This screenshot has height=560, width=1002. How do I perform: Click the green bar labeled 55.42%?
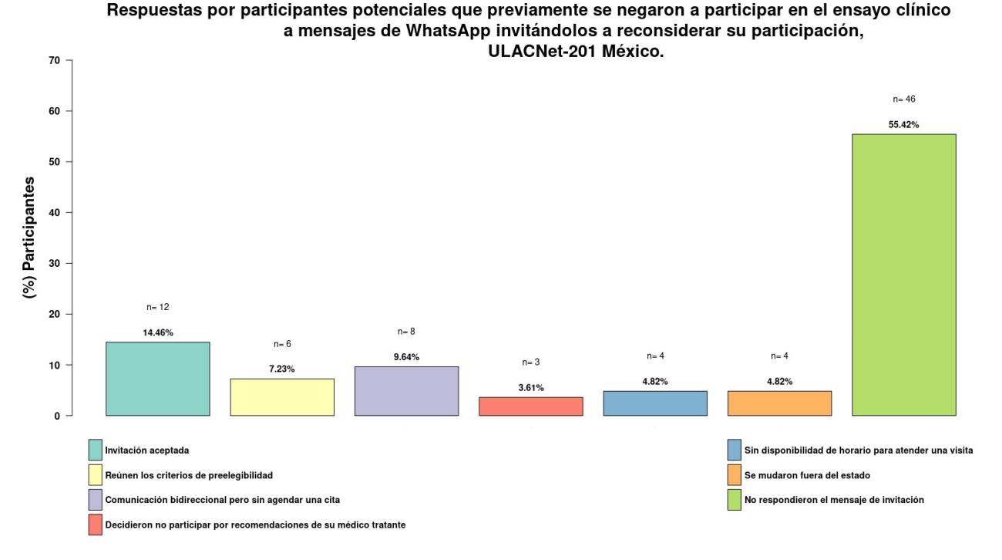903,275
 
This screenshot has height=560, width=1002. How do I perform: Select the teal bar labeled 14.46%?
157,379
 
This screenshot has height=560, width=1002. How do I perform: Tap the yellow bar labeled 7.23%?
282,397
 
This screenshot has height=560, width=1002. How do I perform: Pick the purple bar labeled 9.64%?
406,391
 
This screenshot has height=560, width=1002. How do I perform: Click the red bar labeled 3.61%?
530,407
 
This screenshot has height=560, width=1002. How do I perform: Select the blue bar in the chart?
655,403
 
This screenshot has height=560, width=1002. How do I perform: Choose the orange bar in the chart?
779,403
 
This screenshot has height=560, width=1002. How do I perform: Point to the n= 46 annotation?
903,100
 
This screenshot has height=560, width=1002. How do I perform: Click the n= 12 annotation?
157,307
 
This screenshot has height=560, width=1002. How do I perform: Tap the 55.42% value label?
903,124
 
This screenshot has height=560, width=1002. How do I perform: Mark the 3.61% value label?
530,387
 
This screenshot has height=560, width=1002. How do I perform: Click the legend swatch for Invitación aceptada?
95,450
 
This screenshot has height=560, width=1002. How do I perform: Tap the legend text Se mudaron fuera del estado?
807,474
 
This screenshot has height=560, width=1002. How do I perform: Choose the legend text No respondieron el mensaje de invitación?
834,500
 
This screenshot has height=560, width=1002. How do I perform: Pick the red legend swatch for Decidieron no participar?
95,525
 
